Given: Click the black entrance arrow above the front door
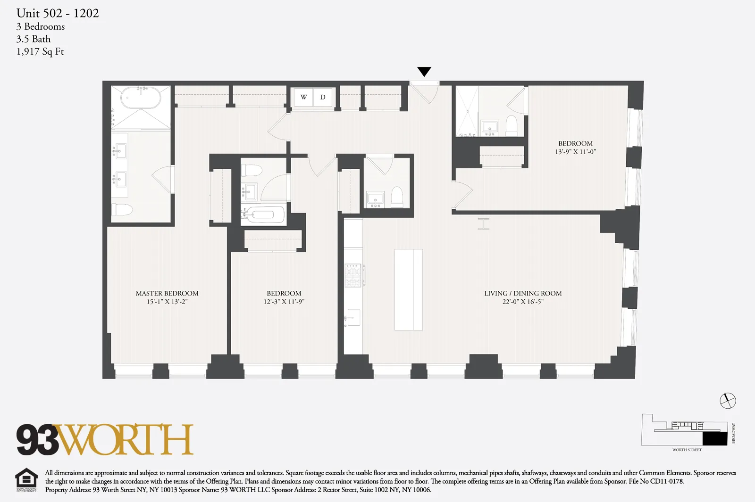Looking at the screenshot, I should tap(424, 72).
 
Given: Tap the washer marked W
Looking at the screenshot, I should tap(303, 98).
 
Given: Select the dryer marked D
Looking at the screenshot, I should tap(323, 98).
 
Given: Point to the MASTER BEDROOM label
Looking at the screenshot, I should tap(167, 293).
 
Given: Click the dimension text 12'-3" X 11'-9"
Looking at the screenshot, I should tap(284, 302).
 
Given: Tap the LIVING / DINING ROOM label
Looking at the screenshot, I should tap(523, 293).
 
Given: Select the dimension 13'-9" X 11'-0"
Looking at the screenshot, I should tap(575, 152).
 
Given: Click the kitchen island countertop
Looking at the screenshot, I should tap(409, 289).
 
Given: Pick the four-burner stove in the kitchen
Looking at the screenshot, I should tap(352, 276).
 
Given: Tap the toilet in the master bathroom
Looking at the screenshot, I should tap(122, 209).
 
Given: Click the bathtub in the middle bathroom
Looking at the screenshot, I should tap(263, 215).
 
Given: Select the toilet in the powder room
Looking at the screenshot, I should tap(397, 198).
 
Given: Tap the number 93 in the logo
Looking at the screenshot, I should tap(37, 440).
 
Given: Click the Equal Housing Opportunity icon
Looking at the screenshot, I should tap(26, 480).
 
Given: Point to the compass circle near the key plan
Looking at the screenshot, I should tap(728, 401).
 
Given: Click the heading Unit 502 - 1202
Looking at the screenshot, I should tap(58, 13).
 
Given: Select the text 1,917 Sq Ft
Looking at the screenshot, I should tap(40, 52).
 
